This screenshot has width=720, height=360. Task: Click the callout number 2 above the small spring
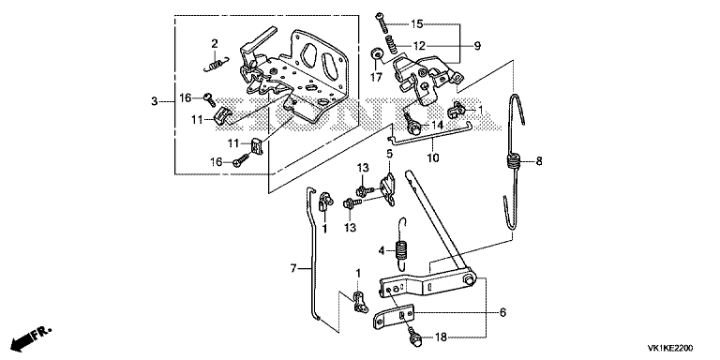[x=215, y=44]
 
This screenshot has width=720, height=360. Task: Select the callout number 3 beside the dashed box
[x=155, y=101]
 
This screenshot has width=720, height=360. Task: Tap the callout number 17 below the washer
[x=376, y=78]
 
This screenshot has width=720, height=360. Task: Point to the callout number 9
[x=477, y=45]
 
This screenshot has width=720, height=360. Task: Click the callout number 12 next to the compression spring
[x=420, y=46]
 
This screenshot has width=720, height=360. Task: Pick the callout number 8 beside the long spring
[x=539, y=161]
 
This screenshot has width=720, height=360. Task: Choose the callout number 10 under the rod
[x=433, y=157]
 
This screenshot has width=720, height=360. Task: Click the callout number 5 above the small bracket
[x=389, y=154]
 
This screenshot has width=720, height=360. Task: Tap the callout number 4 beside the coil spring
[x=382, y=250]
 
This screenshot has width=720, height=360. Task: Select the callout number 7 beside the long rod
[x=293, y=268]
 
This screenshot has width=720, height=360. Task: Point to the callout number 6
[x=502, y=313]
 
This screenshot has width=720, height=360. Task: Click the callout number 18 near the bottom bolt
[x=440, y=337]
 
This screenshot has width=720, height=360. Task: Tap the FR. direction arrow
[x=31, y=337]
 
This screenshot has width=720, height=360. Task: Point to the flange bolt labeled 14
[x=411, y=123]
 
